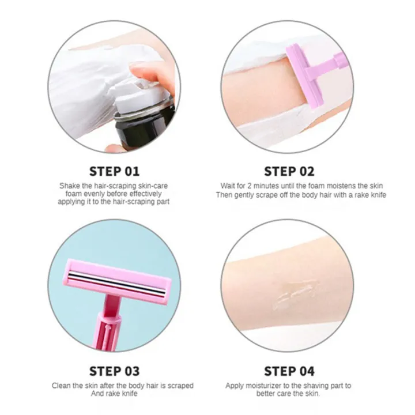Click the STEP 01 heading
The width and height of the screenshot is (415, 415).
click(x=114, y=172)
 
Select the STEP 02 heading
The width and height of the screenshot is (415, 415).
click(x=289, y=172)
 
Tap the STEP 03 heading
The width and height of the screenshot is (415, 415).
click(x=114, y=371)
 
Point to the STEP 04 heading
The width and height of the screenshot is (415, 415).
click(x=289, y=371)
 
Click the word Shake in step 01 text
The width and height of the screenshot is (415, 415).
click(x=70, y=186)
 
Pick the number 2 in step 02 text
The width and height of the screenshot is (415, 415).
click(x=250, y=186)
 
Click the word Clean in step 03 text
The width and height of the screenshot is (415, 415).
click(x=62, y=386)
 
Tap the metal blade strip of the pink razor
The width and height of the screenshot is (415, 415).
click(x=116, y=283)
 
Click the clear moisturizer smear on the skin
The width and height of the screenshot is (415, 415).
click(x=294, y=294)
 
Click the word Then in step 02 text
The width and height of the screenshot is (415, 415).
click(x=224, y=195)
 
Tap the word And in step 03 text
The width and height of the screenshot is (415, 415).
click(x=97, y=394)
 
